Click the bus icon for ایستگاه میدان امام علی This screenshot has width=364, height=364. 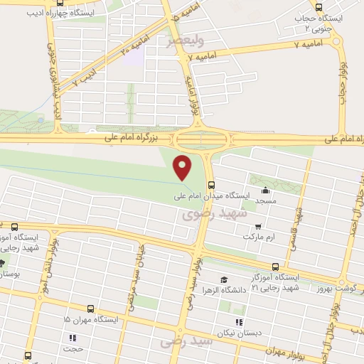pyautogui.click(x=210, y=185)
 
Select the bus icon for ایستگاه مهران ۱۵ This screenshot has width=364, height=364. pyautogui.click(x=90, y=309)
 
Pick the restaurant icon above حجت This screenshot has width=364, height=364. pyautogui.click(x=72, y=338)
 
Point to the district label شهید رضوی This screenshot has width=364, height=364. pyautogui.click(x=214, y=213)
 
